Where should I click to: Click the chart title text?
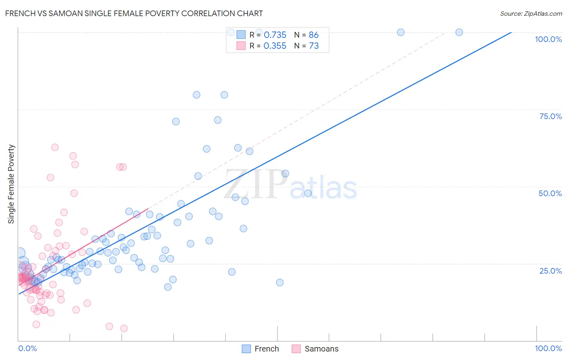point(134,13)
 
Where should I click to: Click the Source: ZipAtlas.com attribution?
point(531,13)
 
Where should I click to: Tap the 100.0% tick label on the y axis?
point(548,39)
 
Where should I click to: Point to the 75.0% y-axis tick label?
point(550,116)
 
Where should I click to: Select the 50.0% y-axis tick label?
point(550,193)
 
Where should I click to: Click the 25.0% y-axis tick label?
point(550,270)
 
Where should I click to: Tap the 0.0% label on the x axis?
point(27,348)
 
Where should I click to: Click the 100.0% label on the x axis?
point(548,348)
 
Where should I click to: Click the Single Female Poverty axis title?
point(11,184)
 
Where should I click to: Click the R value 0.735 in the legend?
point(275,35)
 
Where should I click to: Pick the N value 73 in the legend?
point(313,46)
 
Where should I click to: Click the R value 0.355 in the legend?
point(275,46)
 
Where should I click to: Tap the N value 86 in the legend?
point(313,35)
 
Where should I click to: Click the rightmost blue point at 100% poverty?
point(459,32)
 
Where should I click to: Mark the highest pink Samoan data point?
point(55,147)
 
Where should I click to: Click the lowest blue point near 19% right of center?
point(279,283)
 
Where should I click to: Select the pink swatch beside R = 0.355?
point(241,46)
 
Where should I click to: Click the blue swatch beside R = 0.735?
point(241,35)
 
